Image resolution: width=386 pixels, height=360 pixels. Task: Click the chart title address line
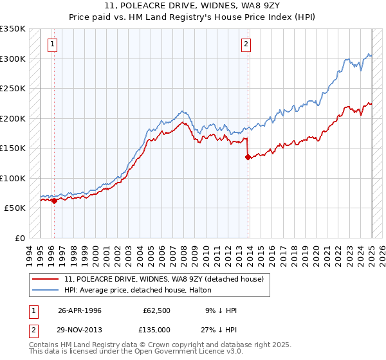(x=193, y=6)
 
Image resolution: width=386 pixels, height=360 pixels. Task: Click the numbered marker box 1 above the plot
(x=52, y=44)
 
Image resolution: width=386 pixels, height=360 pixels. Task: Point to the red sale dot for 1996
(x=54, y=201)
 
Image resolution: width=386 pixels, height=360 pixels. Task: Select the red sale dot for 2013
(x=248, y=157)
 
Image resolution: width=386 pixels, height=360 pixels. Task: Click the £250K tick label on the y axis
(x=13, y=88)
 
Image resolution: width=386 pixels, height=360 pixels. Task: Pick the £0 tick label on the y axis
(x=19, y=238)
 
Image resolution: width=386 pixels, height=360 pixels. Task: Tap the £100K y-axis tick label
(x=13, y=178)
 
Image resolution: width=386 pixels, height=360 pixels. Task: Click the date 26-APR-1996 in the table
(x=79, y=310)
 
